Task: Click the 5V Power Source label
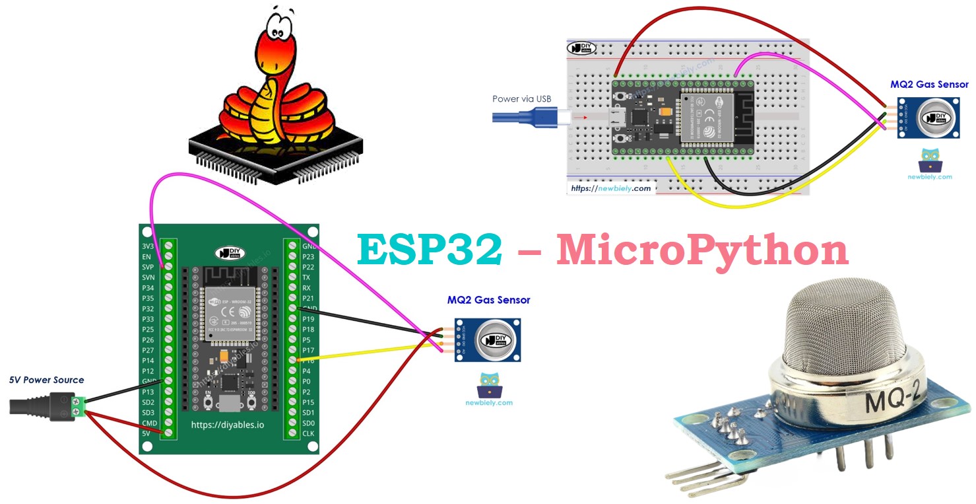tap(46, 380)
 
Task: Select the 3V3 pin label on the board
tap(148, 246)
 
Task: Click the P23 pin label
tap(308, 256)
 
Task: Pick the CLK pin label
tap(308, 433)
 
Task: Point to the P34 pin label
tap(148, 287)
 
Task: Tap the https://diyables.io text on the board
tap(227, 425)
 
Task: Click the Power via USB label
tap(521, 99)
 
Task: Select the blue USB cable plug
tap(528, 118)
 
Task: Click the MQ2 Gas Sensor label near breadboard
tap(929, 85)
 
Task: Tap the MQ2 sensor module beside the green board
tap(487, 340)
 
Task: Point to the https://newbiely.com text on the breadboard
tap(611, 188)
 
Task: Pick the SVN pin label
tap(148, 277)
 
